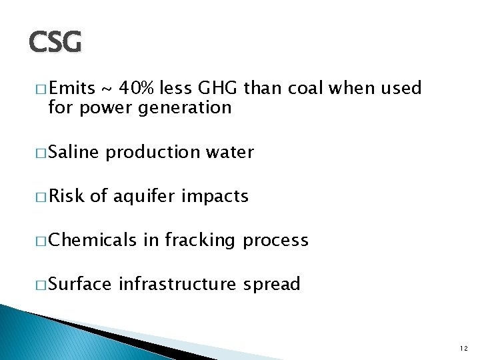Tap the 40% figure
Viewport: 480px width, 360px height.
click(x=139, y=88)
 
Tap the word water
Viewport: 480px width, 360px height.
click(x=229, y=152)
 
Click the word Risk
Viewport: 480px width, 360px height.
click(x=66, y=196)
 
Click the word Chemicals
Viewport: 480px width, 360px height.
click(x=92, y=240)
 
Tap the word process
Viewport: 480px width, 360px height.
click(x=275, y=241)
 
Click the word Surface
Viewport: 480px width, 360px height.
click(x=80, y=284)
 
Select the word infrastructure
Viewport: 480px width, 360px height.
click(x=177, y=284)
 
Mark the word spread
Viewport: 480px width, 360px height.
click(x=271, y=285)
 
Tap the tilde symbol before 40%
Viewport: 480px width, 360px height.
click(x=106, y=89)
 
